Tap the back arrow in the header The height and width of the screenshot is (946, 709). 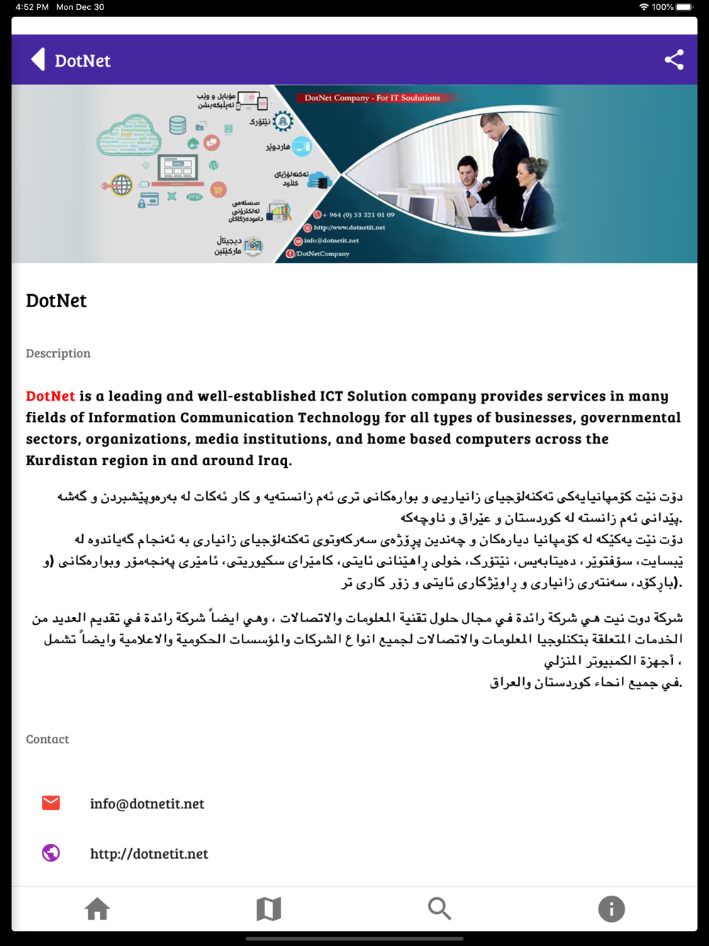38,60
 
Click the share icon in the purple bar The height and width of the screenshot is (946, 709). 674,60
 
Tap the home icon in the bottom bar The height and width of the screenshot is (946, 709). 97,908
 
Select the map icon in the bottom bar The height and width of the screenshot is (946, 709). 269,908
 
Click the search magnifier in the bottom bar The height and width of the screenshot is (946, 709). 440,908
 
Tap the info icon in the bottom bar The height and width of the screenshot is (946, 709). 611,908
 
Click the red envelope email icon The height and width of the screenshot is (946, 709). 51,803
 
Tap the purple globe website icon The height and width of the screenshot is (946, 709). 51,852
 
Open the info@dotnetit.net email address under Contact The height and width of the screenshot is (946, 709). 147,803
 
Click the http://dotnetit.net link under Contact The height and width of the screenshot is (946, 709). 149,854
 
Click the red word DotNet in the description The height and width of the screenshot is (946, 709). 50,396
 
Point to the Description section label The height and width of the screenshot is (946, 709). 58,353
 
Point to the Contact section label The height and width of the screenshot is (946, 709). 48,739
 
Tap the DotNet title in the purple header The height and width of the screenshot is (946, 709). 83,61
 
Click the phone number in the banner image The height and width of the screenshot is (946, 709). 361,214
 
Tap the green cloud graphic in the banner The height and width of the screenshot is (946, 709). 128,135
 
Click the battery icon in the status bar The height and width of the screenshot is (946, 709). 684,7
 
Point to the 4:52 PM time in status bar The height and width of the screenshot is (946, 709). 32,7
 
